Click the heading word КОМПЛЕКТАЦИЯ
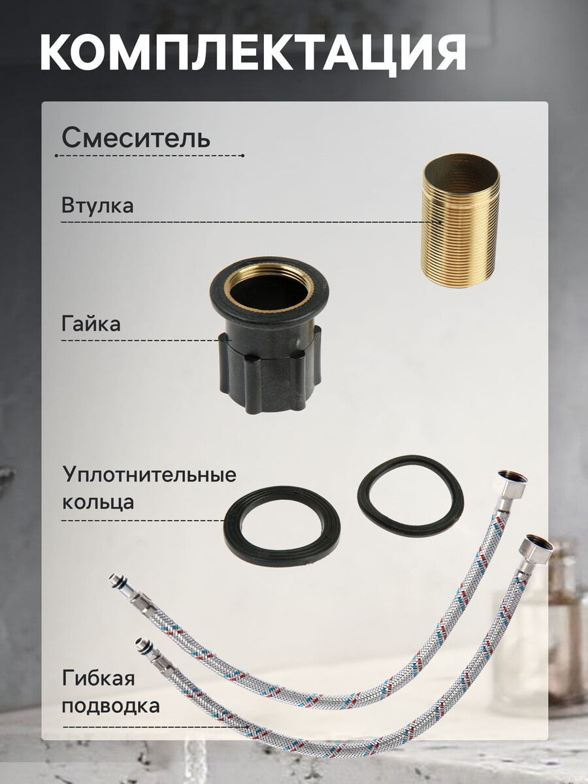(x=253, y=53)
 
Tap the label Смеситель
(x=136, y=138)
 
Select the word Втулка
(x=97, y=205)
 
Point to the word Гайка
(x=91, y=324)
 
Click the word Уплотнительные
(x=150, y=475)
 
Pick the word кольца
(x=98, y=502)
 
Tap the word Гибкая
(x=99, y=678)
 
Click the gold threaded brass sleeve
(x=461, y=221)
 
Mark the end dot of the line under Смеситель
(x=243, y=155)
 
